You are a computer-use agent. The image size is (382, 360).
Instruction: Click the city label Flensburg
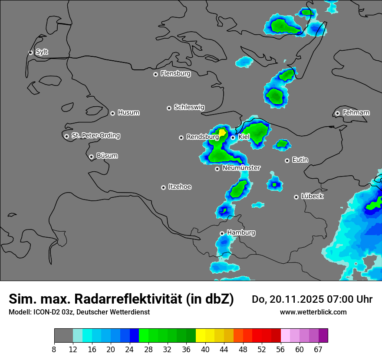[175, 74]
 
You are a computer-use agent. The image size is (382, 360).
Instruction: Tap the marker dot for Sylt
[31, 52]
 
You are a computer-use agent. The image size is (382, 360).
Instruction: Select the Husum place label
[128, 113]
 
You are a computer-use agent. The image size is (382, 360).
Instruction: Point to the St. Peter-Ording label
[95, 136]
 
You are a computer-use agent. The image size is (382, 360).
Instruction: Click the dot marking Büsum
[91, 157]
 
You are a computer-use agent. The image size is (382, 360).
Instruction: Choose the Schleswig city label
[189, 107]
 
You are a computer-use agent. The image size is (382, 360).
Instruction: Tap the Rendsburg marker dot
[181, 137]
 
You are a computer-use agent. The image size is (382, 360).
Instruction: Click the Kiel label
[244, 137]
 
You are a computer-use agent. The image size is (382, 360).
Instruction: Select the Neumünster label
[241, 168]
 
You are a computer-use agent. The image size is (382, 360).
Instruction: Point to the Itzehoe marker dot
[163, 187]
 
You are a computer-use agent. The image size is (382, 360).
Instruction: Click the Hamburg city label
[241, 232]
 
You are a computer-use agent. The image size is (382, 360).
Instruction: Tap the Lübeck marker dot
[296, 197]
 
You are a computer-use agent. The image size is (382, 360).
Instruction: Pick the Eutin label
[300, 160]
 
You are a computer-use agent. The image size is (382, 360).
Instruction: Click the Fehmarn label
[356, 113]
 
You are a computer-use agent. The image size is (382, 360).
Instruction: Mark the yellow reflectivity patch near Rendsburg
[222, 132]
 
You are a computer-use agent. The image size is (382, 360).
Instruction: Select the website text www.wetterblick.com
[313, 312]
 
